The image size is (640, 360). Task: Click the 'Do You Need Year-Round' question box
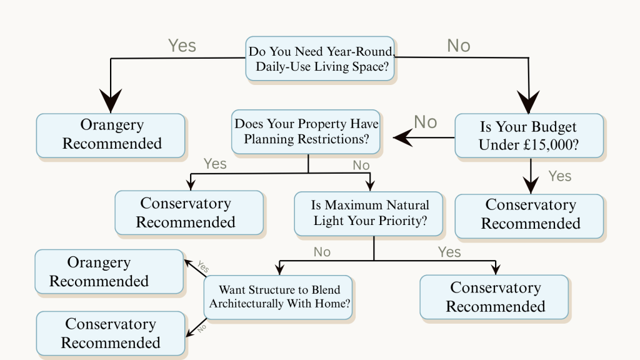[x=320, y=58]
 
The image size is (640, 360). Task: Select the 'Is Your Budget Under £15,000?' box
[x=529, y=136]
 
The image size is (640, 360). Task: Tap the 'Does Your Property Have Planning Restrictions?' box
[x=306, y=132]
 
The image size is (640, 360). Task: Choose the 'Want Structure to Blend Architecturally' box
[x=279, y=297]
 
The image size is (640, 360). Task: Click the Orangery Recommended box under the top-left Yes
[x=111, y=134]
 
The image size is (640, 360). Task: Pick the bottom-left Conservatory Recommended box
[x=110, y=334]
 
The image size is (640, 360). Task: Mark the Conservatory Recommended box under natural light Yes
[x=494, y=297]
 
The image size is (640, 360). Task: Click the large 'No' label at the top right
[x=459, y=46]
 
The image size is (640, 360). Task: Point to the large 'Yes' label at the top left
[x=182, y=46]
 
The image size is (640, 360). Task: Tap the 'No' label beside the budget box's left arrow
[x=426, y=122]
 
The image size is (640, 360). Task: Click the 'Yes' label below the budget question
[x=559, y=176]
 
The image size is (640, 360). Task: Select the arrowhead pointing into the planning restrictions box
[x=401, y=136]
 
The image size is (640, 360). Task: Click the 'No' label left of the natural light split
[x=322, y=252]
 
